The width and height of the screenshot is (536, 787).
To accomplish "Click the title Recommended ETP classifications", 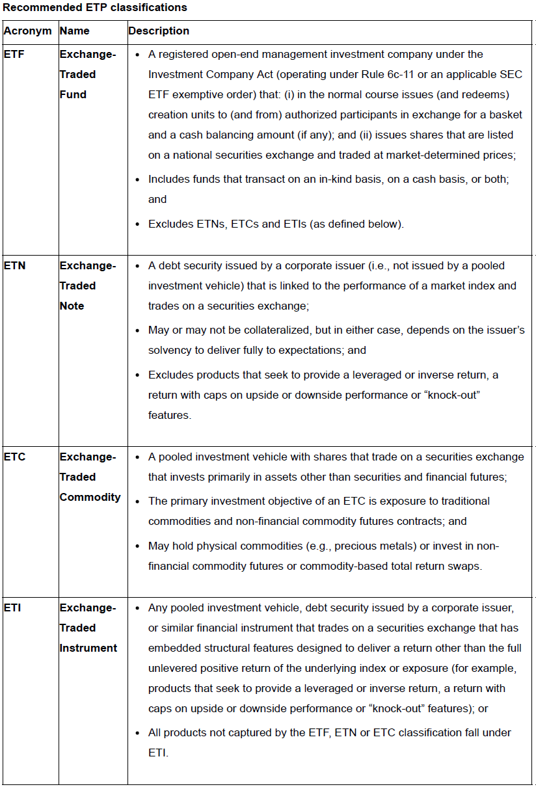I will tap(95, 8).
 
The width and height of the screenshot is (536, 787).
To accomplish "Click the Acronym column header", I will tap(27, 31).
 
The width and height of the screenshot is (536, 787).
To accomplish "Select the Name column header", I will tap(74, 31).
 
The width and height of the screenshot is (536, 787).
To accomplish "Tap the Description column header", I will tap(159, 31).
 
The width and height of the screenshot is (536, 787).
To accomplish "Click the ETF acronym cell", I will tap(14, 55).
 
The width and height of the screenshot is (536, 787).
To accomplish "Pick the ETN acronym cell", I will tap(14, 265).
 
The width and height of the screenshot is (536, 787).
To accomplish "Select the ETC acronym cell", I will tap(14, 457).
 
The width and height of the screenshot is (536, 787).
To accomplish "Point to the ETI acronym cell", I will tap(12, 607).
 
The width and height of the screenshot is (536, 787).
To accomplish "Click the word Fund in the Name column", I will tap(73, 94).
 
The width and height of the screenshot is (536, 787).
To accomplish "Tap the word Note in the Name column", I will tap(72, 306).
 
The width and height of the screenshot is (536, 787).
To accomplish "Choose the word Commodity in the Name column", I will tap(90, 497).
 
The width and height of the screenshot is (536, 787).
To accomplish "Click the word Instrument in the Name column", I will tap(88, 648).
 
